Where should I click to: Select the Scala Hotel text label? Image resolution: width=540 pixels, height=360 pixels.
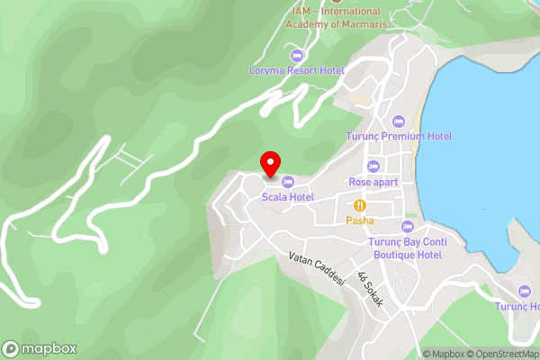click(x=287, y=197)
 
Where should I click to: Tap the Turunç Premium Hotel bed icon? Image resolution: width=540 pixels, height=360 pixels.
click(x=400, y=121)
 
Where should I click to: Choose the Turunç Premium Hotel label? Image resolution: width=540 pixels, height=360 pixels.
click(x=399, y=136)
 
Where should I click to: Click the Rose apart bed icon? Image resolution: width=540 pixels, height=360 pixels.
click(x=373, y=166)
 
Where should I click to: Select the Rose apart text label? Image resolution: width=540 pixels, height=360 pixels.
click(x=373, y=181)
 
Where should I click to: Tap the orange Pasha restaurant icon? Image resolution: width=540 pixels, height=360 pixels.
click(x=360, y=205)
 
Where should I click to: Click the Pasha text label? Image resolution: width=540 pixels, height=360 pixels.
click(x=360, y=220)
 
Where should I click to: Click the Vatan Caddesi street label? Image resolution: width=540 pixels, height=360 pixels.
click(x=318, y=268)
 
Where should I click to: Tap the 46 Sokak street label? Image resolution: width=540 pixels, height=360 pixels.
click(x=370, y=290)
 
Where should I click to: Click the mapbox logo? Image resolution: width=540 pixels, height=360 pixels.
click(x=40, y=348)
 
